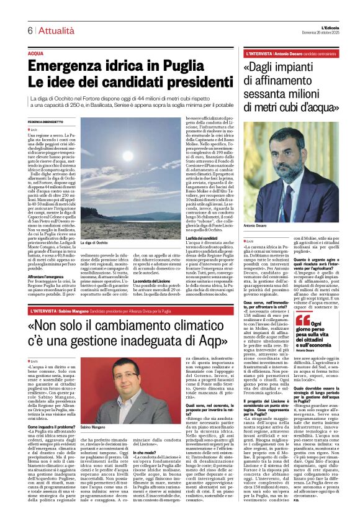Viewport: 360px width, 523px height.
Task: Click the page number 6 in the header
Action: pyautogui.click(x=29, y=31)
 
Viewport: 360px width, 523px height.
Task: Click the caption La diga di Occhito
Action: pyautogui.click(x=93, y=242)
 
